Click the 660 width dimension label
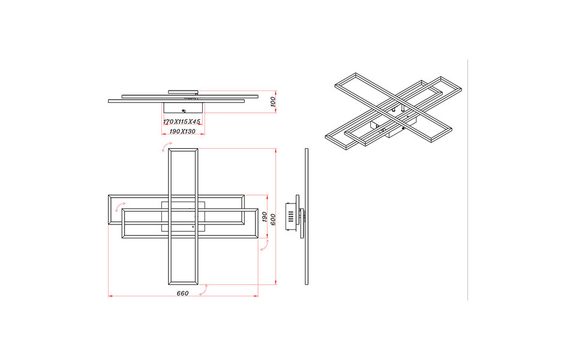183,293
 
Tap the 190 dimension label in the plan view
265,217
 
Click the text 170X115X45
182,122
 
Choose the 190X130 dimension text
182,131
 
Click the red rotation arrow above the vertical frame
164,148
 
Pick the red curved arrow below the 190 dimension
263,245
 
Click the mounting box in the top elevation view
184,107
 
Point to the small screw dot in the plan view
193,227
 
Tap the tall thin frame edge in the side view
306,216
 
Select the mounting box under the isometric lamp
384,128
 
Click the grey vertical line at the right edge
467,180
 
